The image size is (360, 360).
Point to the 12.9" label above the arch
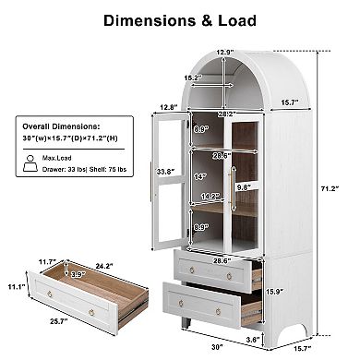pyautogui.click(x=225, y=52)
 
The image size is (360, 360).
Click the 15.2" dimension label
pyautogui.click(x=193, y=78)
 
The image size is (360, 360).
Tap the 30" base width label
pyautogui.click(x=216, y=348)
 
